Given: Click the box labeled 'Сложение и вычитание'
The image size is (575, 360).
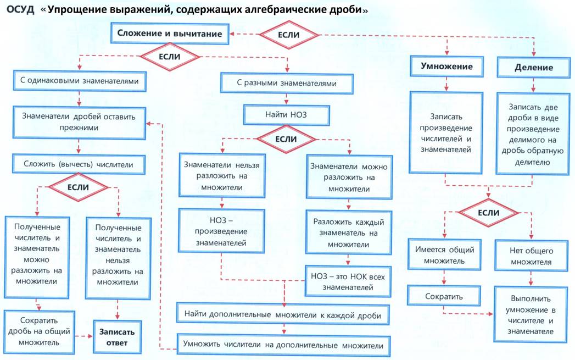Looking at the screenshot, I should [x=170, y=34].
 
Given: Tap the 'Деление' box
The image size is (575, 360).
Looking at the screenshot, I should [x=533, y=67].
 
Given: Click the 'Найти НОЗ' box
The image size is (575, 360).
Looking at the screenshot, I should [x=287, y=116].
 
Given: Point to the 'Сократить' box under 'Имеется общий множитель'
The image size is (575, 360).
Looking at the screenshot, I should [x=444, y=297].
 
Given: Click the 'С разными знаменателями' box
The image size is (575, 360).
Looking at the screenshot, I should [x=287, y=84].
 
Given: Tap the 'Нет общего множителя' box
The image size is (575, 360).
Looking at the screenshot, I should [x=531, y=256].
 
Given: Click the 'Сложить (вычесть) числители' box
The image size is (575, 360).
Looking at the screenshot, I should [x=77, y=164].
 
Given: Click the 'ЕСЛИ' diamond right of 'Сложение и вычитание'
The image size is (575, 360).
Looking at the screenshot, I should [x=289, y=35].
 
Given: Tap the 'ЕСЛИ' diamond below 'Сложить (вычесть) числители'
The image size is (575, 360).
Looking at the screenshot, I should [x=78, y=187].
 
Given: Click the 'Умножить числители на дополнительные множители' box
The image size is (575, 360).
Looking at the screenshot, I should [x=284, y=345].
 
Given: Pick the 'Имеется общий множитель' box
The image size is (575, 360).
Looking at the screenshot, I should [x=444, y=256].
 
